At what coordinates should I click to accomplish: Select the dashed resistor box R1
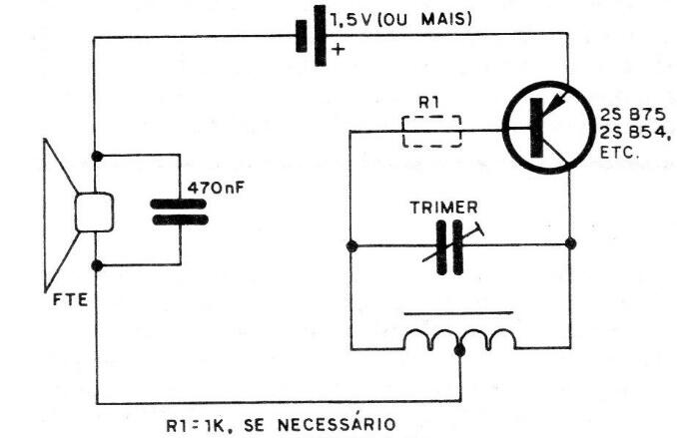tap(431, 130)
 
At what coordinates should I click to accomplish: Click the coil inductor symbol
tap(458, 338)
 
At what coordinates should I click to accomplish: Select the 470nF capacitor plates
tap(179, 211)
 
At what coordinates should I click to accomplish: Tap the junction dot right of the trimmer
tap(569, 243)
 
